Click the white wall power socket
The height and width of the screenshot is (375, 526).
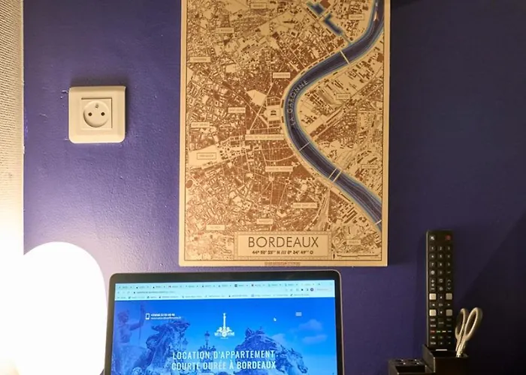[x=97, y=114]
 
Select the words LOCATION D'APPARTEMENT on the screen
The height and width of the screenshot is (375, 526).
[x=223, y=355]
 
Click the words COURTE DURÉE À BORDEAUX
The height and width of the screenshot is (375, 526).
[x=223, y=366]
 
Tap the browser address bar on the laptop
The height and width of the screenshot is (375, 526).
[x=218, y=289]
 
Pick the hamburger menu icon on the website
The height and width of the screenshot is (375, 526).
[x=298, y=313]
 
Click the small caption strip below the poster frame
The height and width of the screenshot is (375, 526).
[x=283, y=263]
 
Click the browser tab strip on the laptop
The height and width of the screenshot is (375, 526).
[x=218, y=282]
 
